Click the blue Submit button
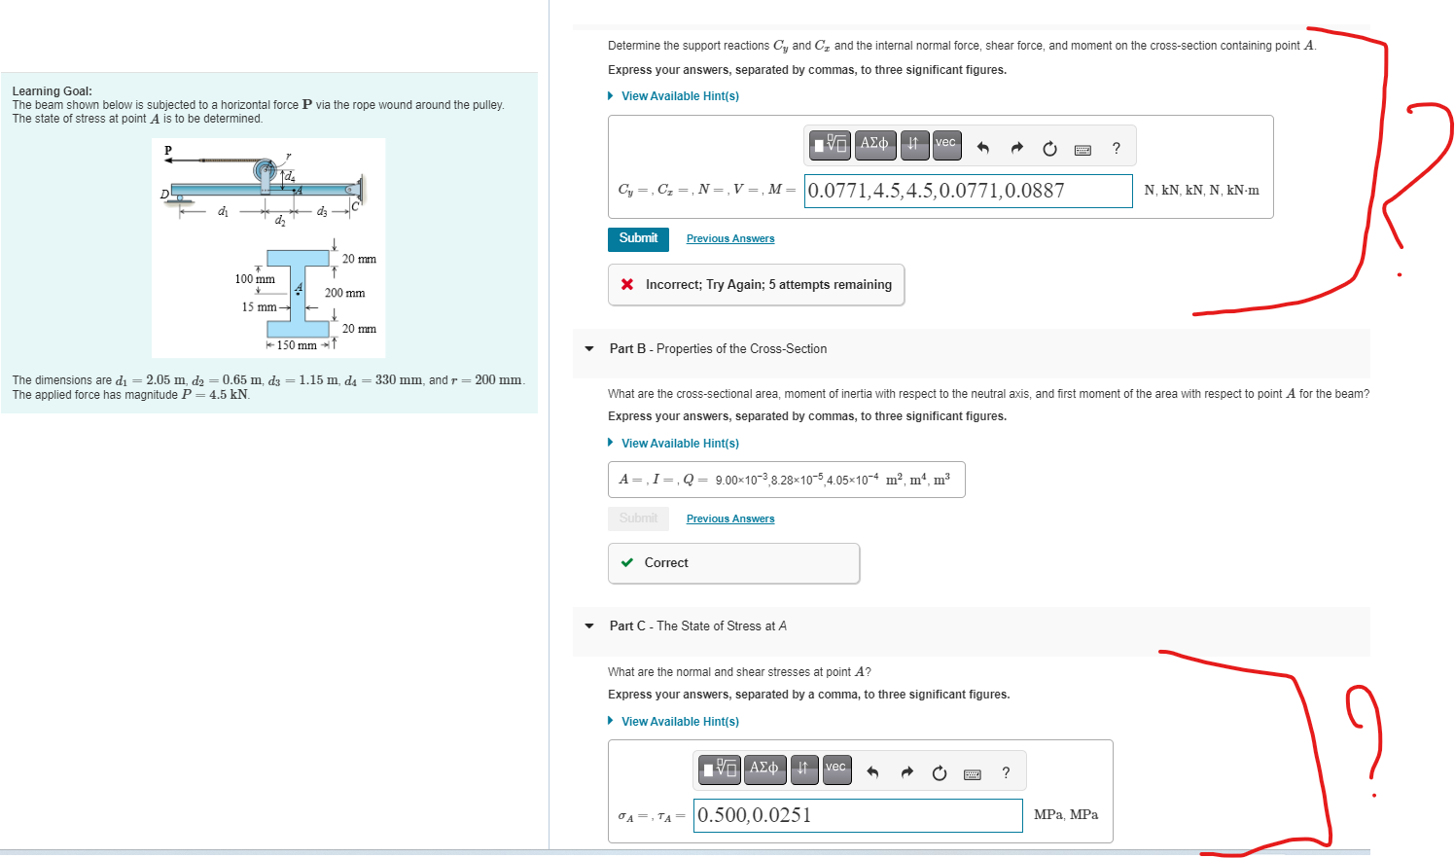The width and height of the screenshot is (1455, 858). click(x=638, y=238)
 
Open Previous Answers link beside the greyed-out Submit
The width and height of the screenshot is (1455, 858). click(x=729, y=519)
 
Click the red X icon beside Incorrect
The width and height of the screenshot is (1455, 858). click(x=627, y=284)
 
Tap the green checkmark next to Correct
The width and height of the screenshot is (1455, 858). click(x=627, y=562)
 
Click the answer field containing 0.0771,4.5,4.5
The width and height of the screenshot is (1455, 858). click(x=968, y=191)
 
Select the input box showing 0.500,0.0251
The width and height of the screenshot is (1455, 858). click(x=858, y=815)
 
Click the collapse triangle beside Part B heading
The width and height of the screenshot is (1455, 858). click(x=589, y=349)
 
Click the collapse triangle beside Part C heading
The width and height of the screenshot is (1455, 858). click(x=589, y=626)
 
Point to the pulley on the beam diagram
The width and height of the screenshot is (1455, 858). click(x=265, y=172)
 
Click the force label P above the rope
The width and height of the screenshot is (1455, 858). click(x=168, y=150)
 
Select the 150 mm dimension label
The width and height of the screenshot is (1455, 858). click(x=297, y=345)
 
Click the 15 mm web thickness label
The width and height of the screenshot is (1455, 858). click(x=259, y=307)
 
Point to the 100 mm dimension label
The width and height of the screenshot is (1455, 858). click(x=255, y=279)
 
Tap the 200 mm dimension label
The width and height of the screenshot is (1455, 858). click(x=344, y=293)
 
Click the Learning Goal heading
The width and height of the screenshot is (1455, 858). click(x=52, y=91)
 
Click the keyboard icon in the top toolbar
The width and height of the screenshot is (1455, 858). click(x=1082, y=149)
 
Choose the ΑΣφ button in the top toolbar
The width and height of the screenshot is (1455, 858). click(x=874, y=144)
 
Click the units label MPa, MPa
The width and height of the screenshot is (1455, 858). click(x=1065, y=815)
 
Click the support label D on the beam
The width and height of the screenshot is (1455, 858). click(x=164, y=195)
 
